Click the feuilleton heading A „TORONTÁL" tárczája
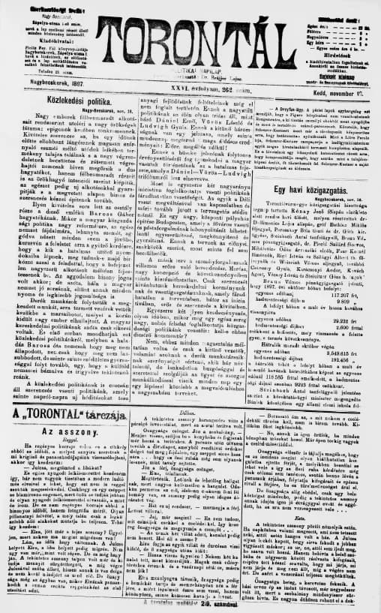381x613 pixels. [65, 415]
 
